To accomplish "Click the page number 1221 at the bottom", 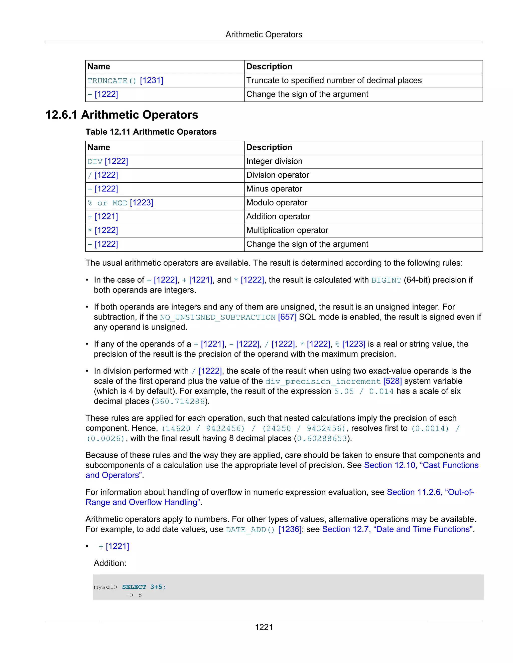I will pyautogui.click(x=264, y=627).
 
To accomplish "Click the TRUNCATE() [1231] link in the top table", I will pyautogui.click(x=125, y=81).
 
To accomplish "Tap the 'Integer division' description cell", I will pyautogui.click(x=274, y=161).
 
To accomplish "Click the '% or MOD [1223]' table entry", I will pyautogui.click(x=120, y=203).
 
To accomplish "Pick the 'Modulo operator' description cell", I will pyautogui.click(x=277, y=203).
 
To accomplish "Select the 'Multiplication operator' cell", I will pyautogui.click(x=287, y=230).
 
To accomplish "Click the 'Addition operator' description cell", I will pyautogui.click(x=278, y=216).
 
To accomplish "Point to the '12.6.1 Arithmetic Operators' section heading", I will pyautogui.click(x=121, y=115).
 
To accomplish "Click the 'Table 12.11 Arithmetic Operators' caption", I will pyautogui.click(x=151, y=132).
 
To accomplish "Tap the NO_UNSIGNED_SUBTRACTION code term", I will pyautogui.click(x=218, y=317).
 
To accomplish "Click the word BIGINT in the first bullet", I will pyautogui.click(x=386, y=280).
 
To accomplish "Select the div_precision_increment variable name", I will pyautogui.click(x=323, y=381).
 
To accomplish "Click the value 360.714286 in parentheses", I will pyautogui.click(x=180, y=402).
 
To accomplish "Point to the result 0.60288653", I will pyautogui.click(x=322, y=439).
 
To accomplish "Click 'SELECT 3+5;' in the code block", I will pyautogui.click(x=144, y=587).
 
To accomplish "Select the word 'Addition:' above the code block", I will pyautogui.click(x=110, y=563).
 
